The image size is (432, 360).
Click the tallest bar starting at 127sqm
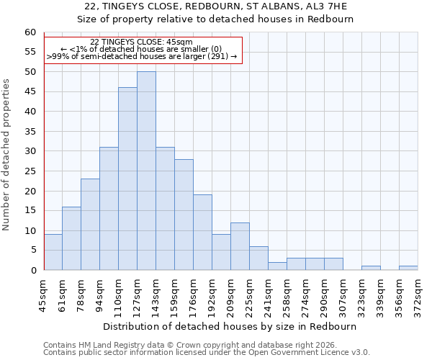pos(146,171)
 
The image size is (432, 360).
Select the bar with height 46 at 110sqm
pos(127,179)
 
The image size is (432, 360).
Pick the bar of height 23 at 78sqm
pos(90,225)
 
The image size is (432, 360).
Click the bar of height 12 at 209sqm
pos(240,246)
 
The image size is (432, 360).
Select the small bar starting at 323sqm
pos(371,268)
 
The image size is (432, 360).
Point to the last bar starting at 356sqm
pos(408,268)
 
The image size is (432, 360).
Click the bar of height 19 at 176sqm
pos(202,233)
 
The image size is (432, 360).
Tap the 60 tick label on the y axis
pos(30,32)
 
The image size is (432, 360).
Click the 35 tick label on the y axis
pos(30,132)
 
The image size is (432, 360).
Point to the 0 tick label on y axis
pos(33,271)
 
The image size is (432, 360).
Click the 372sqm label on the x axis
pos(418,295)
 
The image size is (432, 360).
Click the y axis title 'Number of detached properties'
pos(7,155)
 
